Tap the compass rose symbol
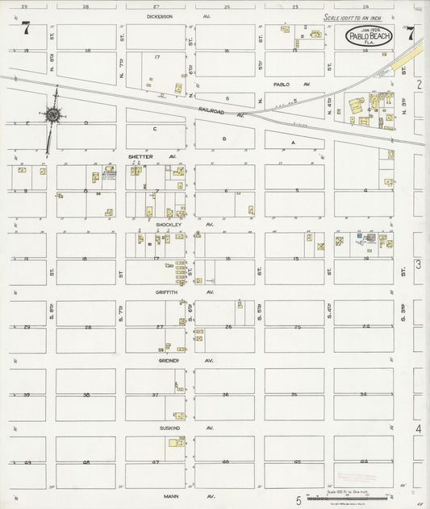53,115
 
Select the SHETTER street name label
141,156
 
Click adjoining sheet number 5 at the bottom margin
298,500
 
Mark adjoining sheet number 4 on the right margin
418,429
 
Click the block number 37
156,395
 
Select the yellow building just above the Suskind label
173,442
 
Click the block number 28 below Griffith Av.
86,327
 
